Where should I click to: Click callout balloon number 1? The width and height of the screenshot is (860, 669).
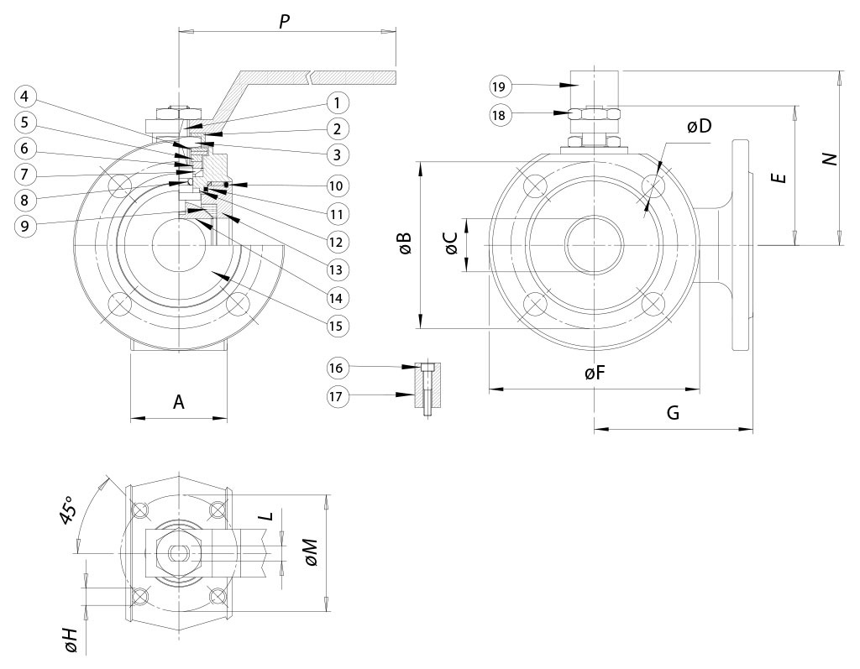335,103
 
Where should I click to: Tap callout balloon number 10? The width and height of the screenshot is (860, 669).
335,185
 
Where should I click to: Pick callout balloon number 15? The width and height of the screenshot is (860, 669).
335,324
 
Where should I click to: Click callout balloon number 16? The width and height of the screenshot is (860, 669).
335,367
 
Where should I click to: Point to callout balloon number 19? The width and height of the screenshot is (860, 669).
498,86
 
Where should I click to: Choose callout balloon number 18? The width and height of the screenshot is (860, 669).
498,115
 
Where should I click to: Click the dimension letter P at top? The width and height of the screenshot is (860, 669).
285,22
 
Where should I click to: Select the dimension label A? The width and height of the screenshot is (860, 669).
179,403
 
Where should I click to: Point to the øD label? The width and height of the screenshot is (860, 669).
698,127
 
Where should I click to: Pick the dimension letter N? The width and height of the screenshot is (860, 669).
830,159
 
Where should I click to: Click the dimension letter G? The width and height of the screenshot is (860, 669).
673,413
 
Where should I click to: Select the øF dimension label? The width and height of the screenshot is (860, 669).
595,374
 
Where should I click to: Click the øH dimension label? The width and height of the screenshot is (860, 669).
72,640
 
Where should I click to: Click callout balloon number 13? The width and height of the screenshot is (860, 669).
335,269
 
